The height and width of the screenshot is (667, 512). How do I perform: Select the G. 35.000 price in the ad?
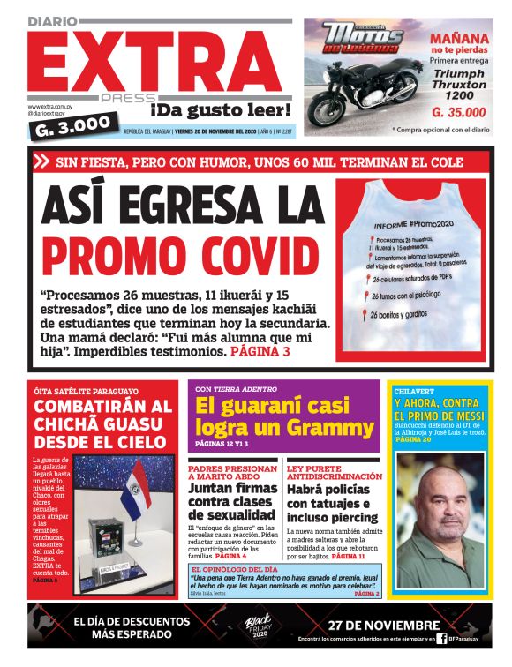tap(458, 112)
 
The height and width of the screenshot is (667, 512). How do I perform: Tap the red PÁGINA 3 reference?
tap(260, 351)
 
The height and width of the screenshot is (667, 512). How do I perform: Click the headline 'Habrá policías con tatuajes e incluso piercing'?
tap(333, 504)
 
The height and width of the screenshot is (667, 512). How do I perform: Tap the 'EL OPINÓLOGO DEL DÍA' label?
tap(232, 569)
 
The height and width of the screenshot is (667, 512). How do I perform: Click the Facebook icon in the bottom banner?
tap(440, 638)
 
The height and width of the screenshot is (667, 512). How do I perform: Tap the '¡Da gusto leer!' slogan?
tap(220, 110)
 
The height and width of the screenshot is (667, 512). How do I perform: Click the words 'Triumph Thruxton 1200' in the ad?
tap(459, 84)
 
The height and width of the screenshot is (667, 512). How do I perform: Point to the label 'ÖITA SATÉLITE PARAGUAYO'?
tap(86, 391)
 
